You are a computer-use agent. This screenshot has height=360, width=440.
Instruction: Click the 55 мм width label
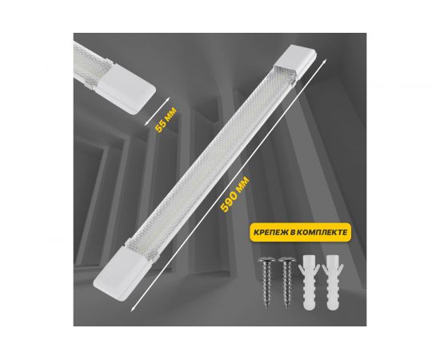tap(166, 120)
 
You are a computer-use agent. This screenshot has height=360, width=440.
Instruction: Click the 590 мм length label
tap(235, 194)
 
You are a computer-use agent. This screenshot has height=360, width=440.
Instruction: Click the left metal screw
tap(266, 282)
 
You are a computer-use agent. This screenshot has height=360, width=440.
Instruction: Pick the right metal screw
tap(286, 282)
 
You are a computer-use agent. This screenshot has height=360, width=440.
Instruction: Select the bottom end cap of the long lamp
tap(122, 271)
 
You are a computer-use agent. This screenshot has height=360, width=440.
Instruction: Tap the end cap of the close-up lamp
tap(126, 88)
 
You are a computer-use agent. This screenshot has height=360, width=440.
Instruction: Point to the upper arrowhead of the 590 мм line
tap(325, 61)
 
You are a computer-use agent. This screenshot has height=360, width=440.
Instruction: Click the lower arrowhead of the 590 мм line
tap(133, 308)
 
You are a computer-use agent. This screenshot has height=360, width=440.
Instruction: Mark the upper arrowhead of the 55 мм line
tap(168, 98)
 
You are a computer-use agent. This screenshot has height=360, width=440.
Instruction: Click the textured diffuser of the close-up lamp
tap(90, 62)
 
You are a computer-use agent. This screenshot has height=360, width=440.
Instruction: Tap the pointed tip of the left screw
tap(267, 308)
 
